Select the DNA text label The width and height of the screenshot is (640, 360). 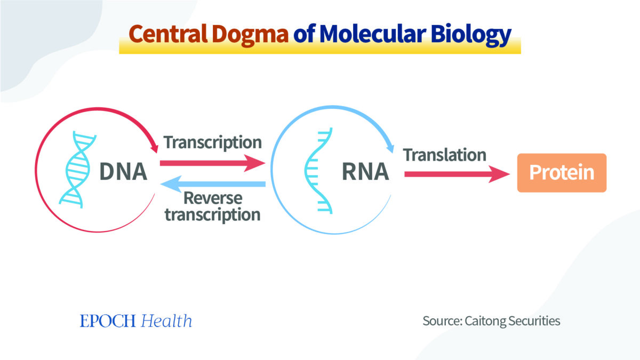click(x=123, y=172)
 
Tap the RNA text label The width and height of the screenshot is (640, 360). click(x=365, y=172)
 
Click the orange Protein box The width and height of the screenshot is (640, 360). click(x=562, y=173)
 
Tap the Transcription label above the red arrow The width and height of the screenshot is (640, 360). click(x=212, y=143)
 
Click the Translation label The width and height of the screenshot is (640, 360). click(x=445, y=155)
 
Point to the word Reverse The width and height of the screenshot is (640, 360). click(x=212, y=198)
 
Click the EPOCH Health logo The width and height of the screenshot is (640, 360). click(x=136, y=321)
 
